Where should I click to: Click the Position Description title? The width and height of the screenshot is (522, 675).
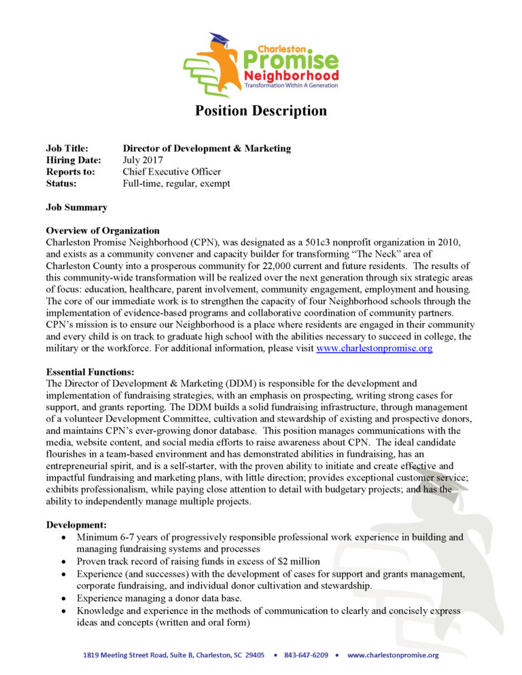[261, 111]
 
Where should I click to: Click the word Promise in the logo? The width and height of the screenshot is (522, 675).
[297, 62]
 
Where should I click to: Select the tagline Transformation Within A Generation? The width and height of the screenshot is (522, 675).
[292, 86]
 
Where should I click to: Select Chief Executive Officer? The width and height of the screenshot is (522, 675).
[171, 172]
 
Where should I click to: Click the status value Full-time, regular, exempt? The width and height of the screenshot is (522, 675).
[176, 183]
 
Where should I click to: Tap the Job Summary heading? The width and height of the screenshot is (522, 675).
[76, 207]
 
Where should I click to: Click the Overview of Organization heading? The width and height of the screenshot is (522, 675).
[103, 231]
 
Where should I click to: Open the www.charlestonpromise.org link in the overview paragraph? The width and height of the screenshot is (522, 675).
[375, 348]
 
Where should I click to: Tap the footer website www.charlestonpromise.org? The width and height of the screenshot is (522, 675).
[393, 655]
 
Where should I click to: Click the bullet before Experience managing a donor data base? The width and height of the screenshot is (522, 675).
[63, 599]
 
